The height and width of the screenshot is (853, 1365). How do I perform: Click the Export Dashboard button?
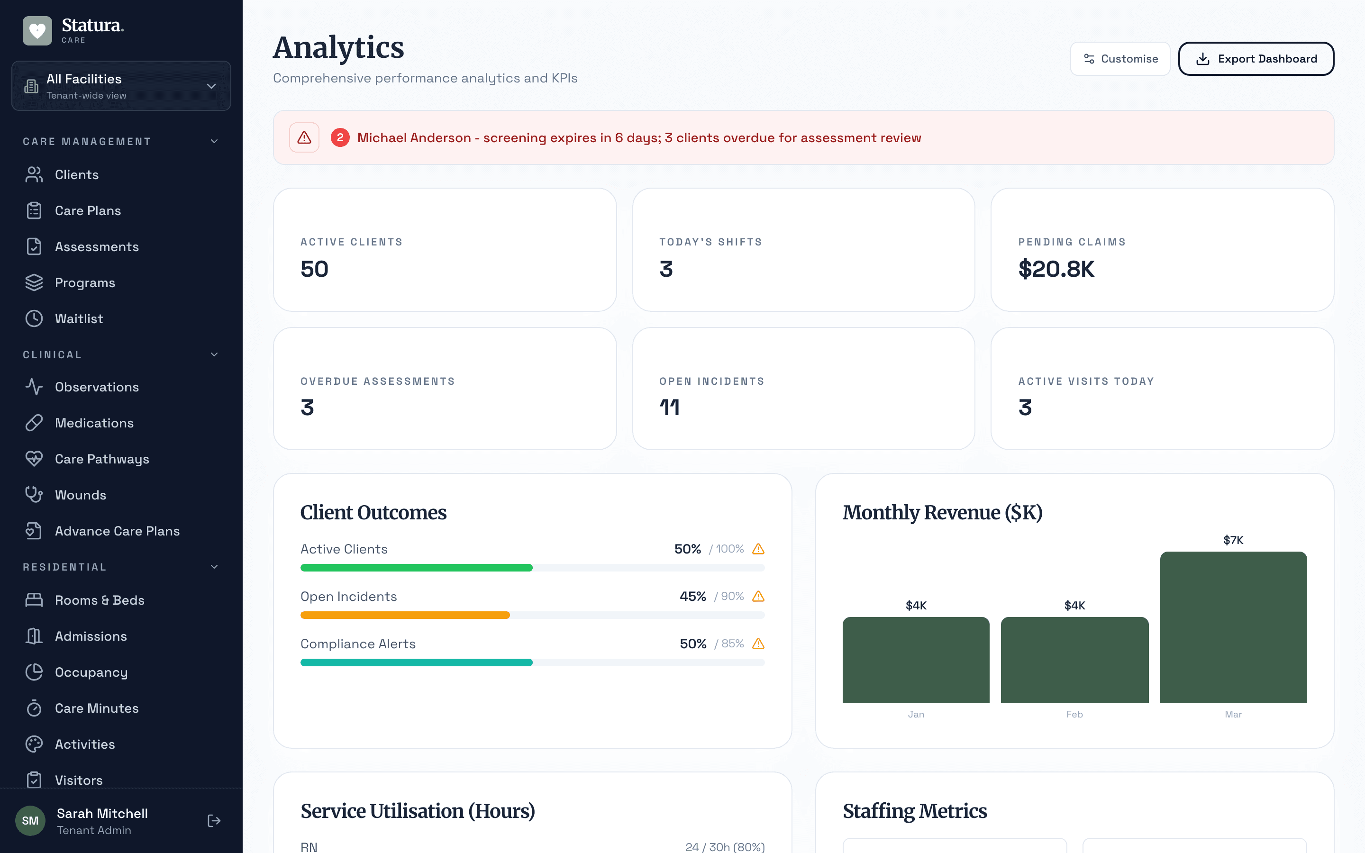coord(1256,59)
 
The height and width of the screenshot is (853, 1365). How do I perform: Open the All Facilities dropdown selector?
coord(121,86)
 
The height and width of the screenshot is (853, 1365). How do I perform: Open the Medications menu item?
coord(94,423)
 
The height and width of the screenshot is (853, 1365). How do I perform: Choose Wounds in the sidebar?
coord(80,495)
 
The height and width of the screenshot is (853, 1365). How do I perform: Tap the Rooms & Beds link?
coord(99,600)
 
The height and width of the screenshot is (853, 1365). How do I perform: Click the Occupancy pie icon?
coord(34,672)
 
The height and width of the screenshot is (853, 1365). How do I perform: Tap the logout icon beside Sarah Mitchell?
coord(214,821)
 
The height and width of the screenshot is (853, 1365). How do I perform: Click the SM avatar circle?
coord(30,821)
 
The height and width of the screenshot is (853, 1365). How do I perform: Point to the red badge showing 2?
coord(339,137)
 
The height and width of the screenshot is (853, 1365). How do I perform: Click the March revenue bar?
coord(1233,627)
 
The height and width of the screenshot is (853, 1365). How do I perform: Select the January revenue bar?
coord(916,660)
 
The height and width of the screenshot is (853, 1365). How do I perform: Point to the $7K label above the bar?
coord(1233,540)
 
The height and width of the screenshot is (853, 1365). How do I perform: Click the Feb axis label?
coord(1074,714)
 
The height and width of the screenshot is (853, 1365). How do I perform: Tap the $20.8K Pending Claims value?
coord(1056,269)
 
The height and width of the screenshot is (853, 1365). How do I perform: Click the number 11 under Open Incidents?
coord(670,408)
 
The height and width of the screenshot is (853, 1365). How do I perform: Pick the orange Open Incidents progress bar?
coord(405,616)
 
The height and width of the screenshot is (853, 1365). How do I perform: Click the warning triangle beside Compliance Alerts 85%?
coord(758,644)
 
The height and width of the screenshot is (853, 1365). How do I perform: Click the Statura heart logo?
coord(37,30)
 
